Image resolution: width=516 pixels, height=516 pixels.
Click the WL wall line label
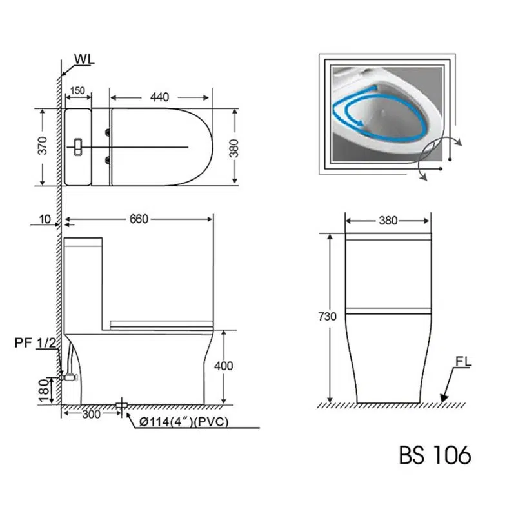(x=84, y=59)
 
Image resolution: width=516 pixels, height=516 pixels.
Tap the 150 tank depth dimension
(x=77, y=90)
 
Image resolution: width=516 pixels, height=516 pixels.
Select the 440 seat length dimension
(x=159, y=97)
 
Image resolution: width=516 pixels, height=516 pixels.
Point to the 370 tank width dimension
(x=43, y=145)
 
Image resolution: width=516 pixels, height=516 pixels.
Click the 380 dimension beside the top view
(x=233, y=148)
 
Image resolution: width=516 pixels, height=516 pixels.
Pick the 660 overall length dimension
(x=139, y=219)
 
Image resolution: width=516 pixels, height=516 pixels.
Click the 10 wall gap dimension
(x=45, y=219)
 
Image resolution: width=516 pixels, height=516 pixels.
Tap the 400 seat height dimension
(x=223, y=366)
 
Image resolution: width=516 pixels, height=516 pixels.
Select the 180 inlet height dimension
(x=44, y=391)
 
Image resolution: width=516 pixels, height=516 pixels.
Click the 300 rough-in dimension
(x=91, y=414)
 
